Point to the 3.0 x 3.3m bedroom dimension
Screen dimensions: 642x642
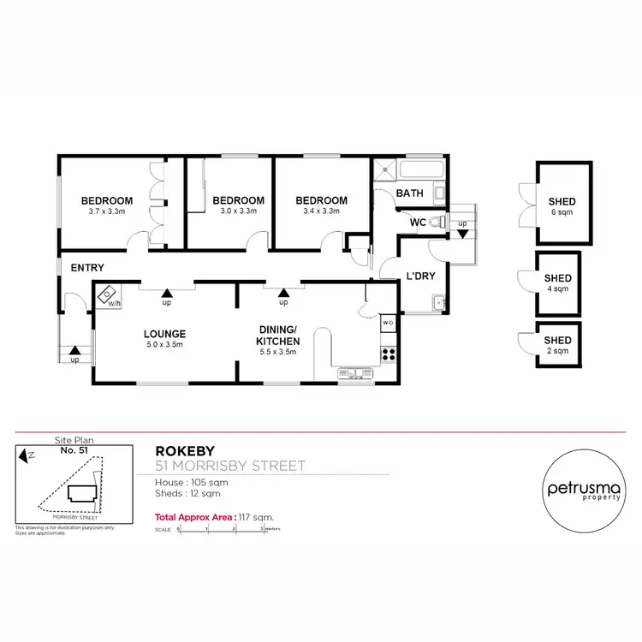238,211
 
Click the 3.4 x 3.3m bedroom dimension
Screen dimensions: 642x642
322,211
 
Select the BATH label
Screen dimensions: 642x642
409,194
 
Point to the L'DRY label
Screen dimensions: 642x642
417,276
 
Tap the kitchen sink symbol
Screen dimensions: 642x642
354,372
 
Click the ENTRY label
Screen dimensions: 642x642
87,268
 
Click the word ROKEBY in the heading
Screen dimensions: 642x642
179,450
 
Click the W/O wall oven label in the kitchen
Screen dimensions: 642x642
387,323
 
